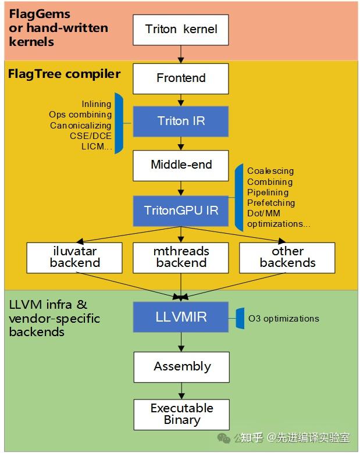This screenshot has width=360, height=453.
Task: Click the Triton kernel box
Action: click(x=180, y=30)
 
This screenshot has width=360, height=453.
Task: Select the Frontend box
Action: click(x=180, y=79)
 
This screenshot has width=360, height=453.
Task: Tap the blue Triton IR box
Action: click(x=180, y=122)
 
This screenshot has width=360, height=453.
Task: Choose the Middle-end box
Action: click(x=180, y=166)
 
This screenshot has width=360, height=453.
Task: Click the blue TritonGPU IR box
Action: click(x=180, y=211)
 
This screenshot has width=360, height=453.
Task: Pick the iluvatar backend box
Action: click(x=74, y=258)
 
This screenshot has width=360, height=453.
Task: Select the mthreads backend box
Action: click(x=180, y=258)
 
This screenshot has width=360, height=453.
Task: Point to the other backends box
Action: click(x=287, y=258)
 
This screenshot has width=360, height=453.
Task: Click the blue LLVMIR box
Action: click(x=180, y=317)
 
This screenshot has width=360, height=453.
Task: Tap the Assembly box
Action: click(x=181, y=367)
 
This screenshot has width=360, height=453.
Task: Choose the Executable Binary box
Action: click(x=181, y=415)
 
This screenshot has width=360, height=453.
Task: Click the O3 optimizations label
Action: click(x=284, y=318)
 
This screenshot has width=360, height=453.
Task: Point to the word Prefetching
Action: click(x=271, y=203)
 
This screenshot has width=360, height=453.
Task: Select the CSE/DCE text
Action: click(x=91, y=136)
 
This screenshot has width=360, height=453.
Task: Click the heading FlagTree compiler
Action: click(x=64, y=74)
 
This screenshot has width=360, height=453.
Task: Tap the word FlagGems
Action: click(x=40, y=15)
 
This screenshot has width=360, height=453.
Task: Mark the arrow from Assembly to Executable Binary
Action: click(x=181, y=391)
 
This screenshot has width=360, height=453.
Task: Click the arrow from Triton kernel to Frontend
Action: click(x=181, y=54)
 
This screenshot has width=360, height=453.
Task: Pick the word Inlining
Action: click(x=97, y=104)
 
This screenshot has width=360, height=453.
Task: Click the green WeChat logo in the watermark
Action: click(x=224, y=438)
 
